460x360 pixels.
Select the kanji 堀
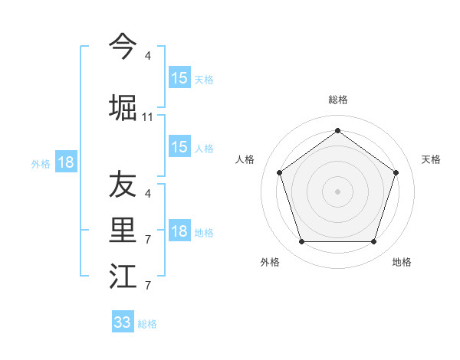click(123, 107)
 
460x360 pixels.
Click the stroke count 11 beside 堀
click(148, 117)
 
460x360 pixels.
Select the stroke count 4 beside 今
click(148, 55)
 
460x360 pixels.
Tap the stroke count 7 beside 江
click(148, 286)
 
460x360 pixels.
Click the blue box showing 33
click(123, 322)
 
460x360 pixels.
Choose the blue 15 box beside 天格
click(179, 78)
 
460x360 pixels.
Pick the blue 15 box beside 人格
click(179, 147)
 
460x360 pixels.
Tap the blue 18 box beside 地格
click(179, 232)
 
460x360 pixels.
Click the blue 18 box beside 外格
click(66, 162)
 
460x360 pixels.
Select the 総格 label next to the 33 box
click(147, 324)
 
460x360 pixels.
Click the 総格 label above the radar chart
click(337, 100)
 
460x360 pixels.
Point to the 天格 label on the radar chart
click(431, 159)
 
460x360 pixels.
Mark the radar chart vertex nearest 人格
click(279, 172)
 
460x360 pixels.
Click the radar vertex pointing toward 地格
click(373, 241)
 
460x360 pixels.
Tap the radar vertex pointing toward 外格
click(301, 241)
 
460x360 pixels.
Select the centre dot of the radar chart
click(337, 191)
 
